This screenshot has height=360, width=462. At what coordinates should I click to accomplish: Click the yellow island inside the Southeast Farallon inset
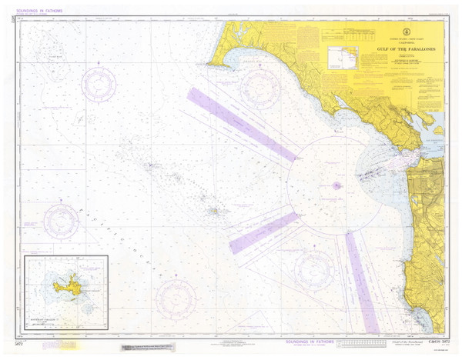(66, 287)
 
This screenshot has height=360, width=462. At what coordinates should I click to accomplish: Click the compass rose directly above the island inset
(62, 222)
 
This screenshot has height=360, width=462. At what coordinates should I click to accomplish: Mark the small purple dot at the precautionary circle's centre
(336, 185)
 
